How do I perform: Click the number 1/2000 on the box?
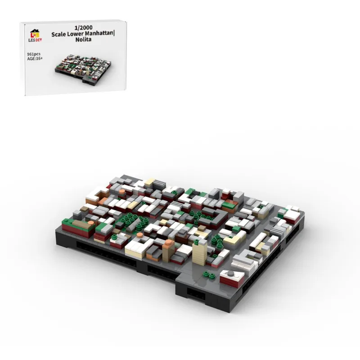[83, 27]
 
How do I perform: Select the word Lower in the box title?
[72, 35]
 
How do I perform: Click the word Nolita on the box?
[83, 40]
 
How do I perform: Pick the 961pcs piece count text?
[34, 54]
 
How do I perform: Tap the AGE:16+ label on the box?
[35, 58]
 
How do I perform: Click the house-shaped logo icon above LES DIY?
[35, 33]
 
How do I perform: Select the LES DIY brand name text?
[35, 40]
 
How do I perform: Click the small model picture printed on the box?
[83, 69]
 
